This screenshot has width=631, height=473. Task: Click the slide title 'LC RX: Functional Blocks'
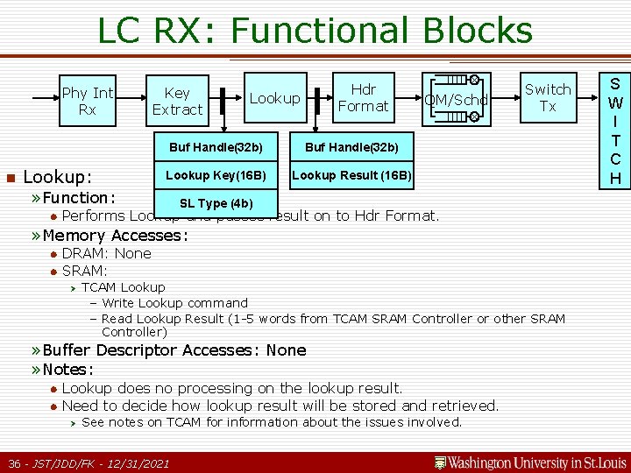315,31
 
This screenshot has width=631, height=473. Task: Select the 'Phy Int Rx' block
88,101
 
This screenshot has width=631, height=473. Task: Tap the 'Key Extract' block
177,101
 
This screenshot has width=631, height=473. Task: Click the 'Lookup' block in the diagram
274,98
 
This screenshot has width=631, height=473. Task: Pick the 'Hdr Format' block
363,97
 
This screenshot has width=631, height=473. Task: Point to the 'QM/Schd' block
457,100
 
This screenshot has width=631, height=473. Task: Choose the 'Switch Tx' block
548,97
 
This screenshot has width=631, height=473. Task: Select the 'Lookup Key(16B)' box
216,175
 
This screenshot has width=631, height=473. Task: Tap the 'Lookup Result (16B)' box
351,175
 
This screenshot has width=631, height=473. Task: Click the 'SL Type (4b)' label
216,203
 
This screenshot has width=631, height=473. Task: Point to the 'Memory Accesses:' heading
115,235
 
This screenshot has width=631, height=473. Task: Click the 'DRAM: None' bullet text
106,253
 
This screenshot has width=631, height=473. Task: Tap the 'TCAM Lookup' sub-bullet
123,287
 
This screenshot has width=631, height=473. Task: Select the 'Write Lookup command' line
174,303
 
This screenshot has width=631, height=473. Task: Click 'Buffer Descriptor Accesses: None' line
174,350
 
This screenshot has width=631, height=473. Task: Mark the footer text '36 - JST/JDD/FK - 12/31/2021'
89,462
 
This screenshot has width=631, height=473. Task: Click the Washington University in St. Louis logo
530,462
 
